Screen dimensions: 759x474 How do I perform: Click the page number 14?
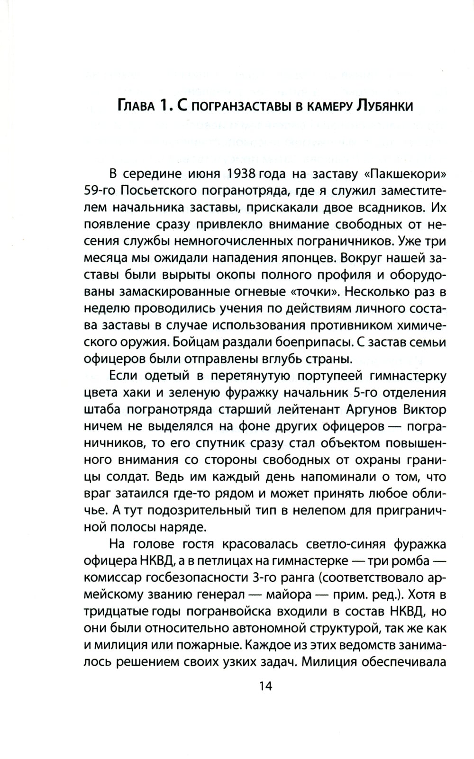point(265,686)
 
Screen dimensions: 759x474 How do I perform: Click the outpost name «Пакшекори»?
point(406,173)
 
